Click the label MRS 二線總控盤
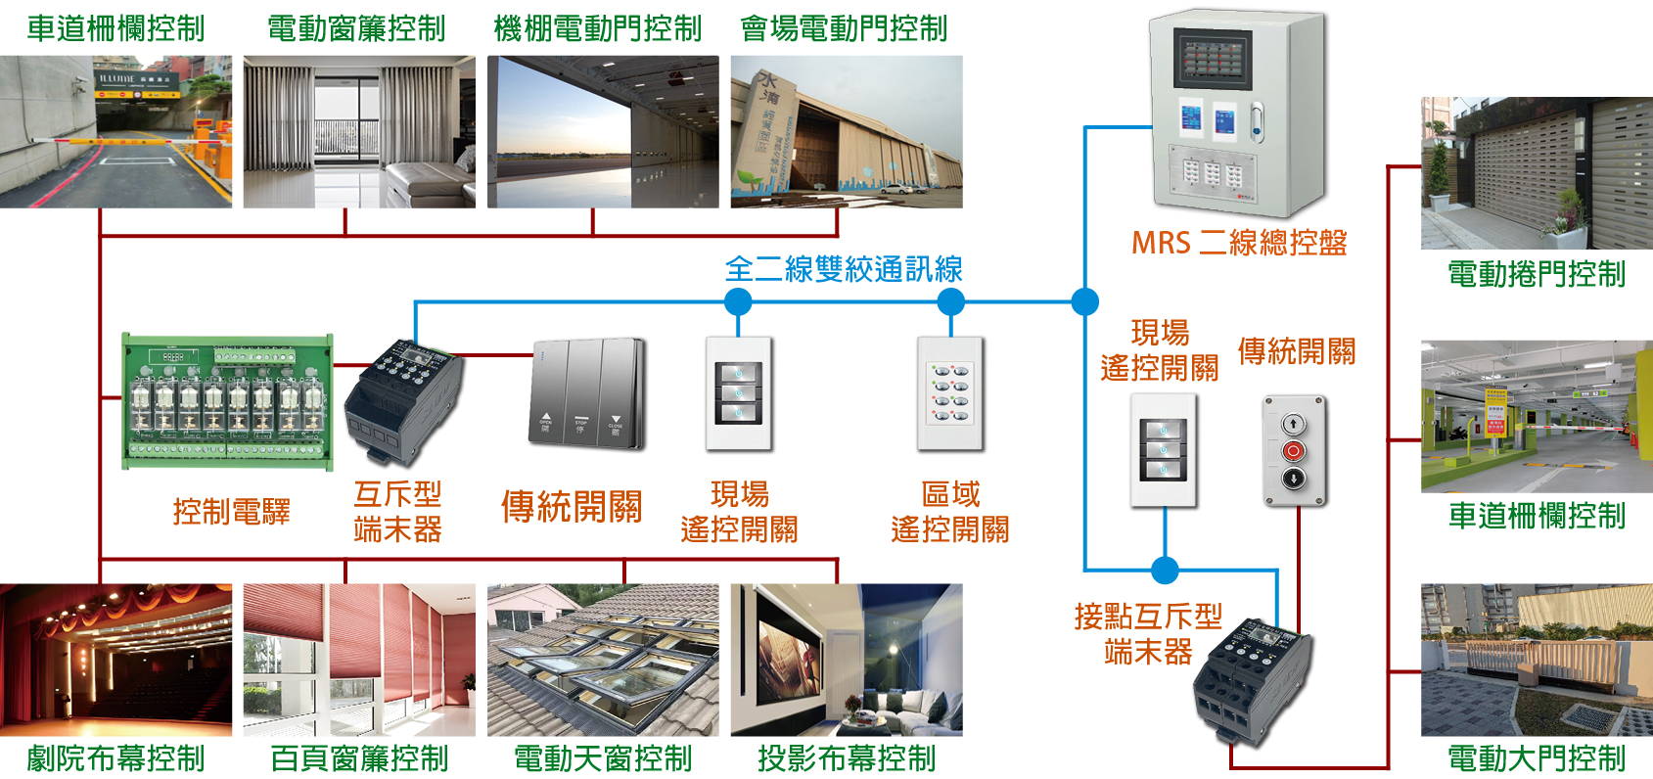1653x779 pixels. pos(1238,243)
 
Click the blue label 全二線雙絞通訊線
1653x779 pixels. pos(843,269)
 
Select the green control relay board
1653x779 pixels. pos(226,402)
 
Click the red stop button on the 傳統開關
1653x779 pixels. pos(1293,451)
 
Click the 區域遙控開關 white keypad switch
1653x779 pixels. pos(950,394)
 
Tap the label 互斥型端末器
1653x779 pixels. pos(397,511)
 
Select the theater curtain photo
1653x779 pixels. pos(115,660)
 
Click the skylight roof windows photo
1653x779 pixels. pos(603,660)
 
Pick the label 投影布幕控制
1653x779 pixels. pos(846,758)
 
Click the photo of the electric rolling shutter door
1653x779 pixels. pos(1536,173)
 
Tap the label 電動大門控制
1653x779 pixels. pos(1536,758)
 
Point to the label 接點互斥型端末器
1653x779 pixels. pos(1147,633)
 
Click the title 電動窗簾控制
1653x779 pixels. pos(356,28)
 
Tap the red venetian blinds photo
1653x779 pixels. pos(358,660)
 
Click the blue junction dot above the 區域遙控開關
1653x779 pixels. pos(950,301)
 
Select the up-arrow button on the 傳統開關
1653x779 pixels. pos(1293,424)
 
